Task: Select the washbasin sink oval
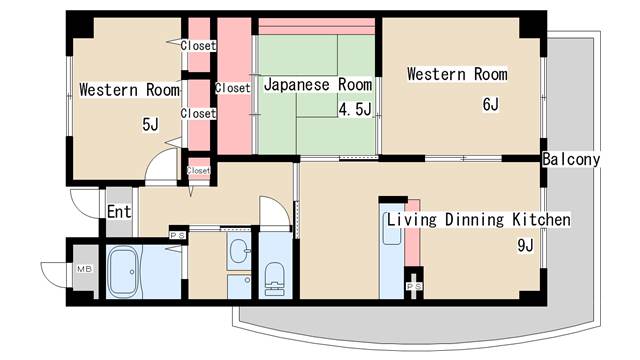click(x=238, y=250)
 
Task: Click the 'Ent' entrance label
click(x=119, y=211)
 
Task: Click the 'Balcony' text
click(x=571, y=159)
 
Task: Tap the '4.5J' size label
click(x=355, y=109)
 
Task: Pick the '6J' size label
click(x=490, y=103)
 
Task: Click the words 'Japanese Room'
click(x=318, y=85)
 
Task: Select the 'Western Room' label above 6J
click(x=456, y=74)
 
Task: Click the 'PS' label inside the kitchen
click(x=413, y=286)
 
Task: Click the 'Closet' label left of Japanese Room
click(x=232, y=88)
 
